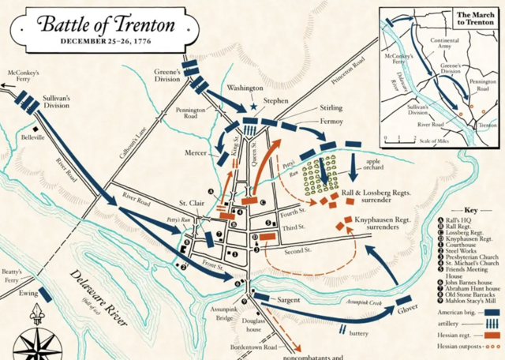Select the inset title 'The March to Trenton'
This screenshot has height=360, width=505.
477,19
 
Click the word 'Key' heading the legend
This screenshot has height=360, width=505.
470,211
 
